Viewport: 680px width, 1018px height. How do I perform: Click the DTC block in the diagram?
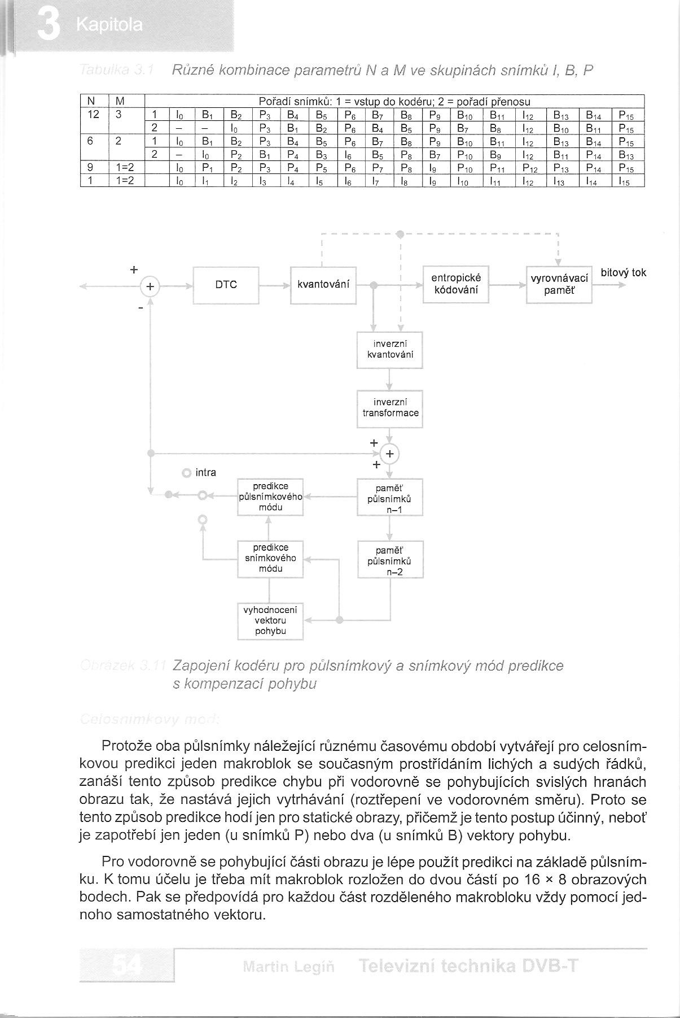[x=226, y=285]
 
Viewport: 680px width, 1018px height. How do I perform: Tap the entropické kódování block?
[x=455, y=284]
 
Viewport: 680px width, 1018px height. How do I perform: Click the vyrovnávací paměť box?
[x=559, y=285]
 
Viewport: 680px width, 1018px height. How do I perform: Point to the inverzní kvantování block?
[x=389, y=350]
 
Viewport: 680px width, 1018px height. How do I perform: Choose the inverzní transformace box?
[x=389, y=408]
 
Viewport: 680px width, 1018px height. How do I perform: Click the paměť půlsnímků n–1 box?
[x=389, y=497]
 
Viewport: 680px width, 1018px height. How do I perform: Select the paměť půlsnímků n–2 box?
[x=390, y=559]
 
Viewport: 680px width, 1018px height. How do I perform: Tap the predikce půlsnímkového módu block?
[x=270, y=497]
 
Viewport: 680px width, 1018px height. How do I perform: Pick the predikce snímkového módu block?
[x=270, y=558]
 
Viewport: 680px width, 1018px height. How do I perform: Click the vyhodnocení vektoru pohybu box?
[x=270, y=620]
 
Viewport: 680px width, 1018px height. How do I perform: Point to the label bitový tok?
[x=623, y=273]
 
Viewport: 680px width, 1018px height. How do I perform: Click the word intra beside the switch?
[x=205, y=473]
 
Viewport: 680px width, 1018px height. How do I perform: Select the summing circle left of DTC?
[x=150, y=286]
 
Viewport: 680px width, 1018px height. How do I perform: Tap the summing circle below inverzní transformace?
[x=389, y=454]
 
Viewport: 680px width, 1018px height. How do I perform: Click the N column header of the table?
[x=90, y=102]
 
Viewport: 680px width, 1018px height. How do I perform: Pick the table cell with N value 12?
[x=94, y=115]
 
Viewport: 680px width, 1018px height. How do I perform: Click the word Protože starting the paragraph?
[x=125, y=746]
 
